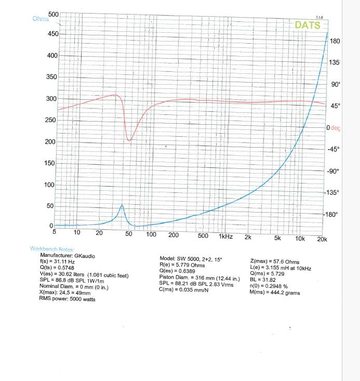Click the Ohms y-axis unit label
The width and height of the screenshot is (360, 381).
[40, 19]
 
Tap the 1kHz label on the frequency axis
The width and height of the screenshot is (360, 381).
[225, 236]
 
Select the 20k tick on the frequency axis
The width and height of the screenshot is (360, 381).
[322, 239]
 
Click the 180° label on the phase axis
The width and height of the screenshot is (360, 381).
[335, 41]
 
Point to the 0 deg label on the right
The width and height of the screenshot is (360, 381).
[332, 128]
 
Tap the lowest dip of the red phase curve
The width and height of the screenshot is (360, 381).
[129, 140]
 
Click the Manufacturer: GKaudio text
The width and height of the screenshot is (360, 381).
[68, 256]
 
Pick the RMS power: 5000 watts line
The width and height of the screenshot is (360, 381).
[67, 299]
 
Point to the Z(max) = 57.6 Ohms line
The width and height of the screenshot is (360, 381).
[275, 261]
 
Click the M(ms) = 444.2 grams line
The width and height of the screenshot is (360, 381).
[275, 293]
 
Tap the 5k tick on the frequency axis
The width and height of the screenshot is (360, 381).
[277, 239]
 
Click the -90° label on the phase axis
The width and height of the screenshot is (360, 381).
[332, 171]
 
